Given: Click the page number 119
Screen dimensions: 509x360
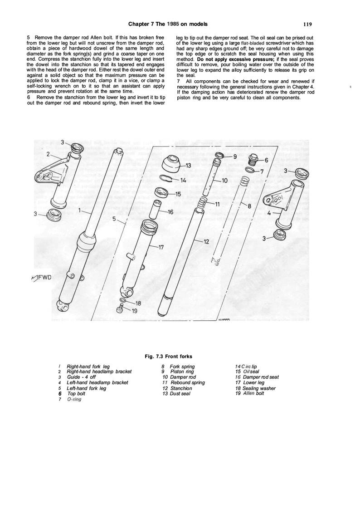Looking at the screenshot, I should pos(305,24).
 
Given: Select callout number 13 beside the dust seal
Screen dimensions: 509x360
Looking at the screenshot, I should pos(189,165).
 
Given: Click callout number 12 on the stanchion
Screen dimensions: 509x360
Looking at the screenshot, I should pos(206,241).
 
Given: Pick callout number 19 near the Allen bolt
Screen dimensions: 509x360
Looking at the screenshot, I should pos(134,311).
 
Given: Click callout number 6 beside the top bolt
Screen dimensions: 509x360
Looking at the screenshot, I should pos(266,160).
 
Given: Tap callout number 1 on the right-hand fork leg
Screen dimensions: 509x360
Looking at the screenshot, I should pos(80,210).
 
